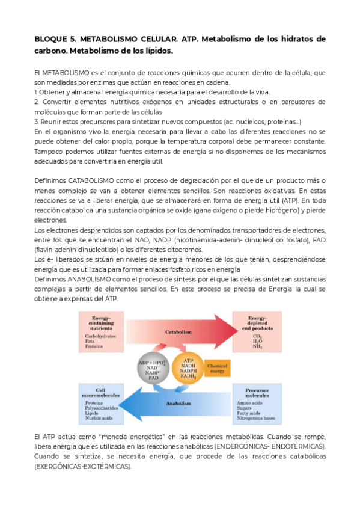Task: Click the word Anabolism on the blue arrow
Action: [x=178, y=404]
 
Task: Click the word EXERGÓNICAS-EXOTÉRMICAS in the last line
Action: [x=84, y=466]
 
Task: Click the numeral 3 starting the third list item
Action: [x=37, y=122]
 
